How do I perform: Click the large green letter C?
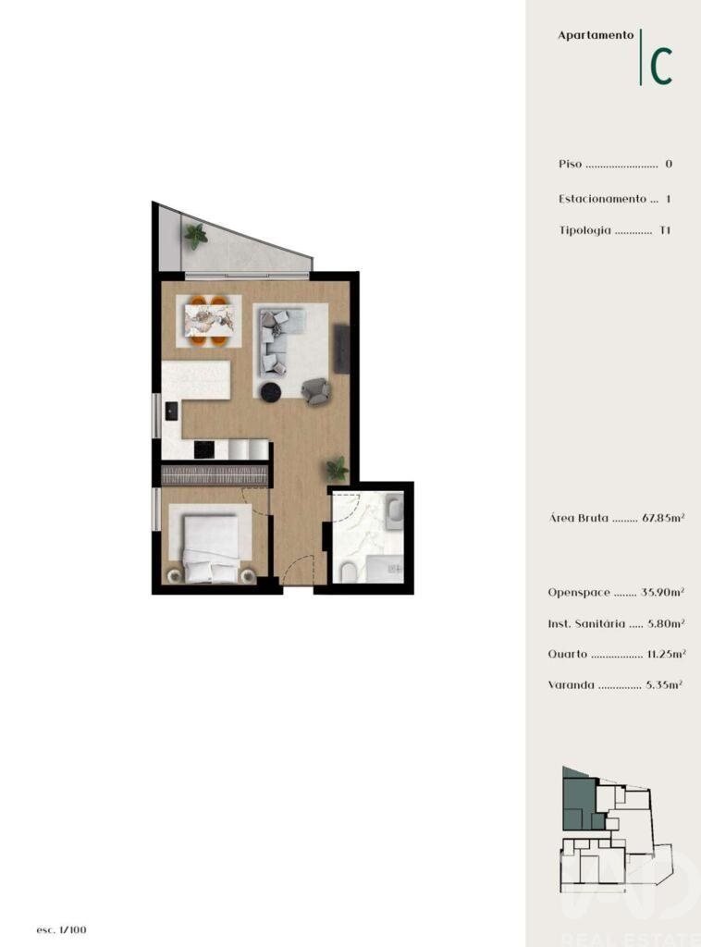[x=661, y=66]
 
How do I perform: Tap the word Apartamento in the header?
[x=596, y=35]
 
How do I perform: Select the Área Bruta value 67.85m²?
[x=663, y=518]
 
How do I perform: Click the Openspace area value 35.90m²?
[x=662, y=593]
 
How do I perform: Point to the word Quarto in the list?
[x=568, y=654]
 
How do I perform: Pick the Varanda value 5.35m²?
[x=664, y=685]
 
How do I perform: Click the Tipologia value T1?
[x=665, y=230]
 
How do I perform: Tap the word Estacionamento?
[x=602, y=199]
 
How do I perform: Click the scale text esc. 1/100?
[x=61, y=929]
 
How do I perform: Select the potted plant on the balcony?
[x=196, y=236]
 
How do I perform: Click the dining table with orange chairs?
[x=208, y=321]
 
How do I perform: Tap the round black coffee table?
[x=271, y=392]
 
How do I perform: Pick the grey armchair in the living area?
[x=315, y=391]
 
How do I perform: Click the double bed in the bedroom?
[x=211, y=548]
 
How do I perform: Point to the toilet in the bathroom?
[x=349, y=571]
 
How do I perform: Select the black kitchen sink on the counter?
[x=172, y=412]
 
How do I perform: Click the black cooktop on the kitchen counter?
[x=204, y=449]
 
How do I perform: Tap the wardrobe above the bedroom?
[x=215, y=474]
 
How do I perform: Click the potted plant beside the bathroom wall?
[x=338, y=469]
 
